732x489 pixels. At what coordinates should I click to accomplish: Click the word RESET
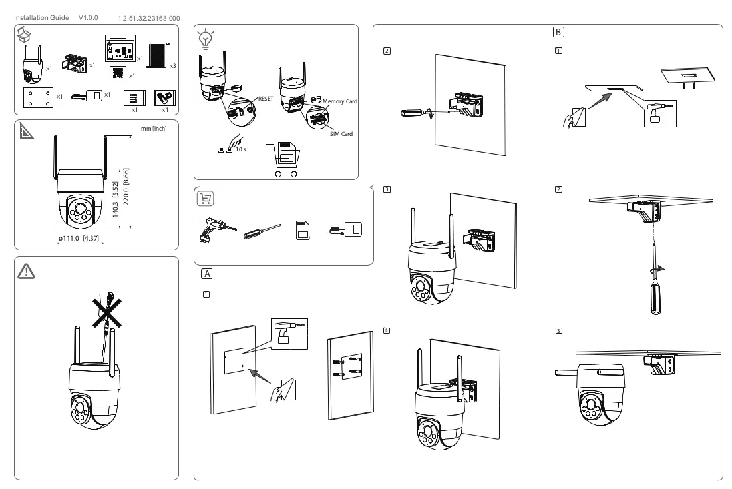[x=265, y=99]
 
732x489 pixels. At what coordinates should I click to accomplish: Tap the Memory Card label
[x=339, y=101]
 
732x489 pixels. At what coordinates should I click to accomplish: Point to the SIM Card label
[x=341, y=134]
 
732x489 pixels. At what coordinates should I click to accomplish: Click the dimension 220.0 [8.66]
[x=126, y=187]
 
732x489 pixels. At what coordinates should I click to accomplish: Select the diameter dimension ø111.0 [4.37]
[x=79, y=238]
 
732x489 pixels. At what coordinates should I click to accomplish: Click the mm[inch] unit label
[x=154, y=128]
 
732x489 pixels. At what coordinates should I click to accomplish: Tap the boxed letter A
[x=207, y=274]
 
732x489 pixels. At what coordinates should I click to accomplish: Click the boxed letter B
[x=558, y=32]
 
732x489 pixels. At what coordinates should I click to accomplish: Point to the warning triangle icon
[x=26, y=271]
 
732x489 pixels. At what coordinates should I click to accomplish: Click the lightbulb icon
[x=206, y=39]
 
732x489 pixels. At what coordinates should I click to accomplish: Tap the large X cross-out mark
[x=107, y=313]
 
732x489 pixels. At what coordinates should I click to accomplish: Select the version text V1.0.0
[x=89, y=18]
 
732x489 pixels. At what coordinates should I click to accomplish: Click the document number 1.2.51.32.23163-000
[x=149, y=18]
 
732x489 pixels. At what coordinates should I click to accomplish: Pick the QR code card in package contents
[x=118, y=73]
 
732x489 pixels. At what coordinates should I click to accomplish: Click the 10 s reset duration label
[x=240, y=149]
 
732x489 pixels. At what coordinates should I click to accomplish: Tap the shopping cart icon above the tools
[x=206, y=199]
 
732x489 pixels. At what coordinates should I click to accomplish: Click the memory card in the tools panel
[x=303, y=230]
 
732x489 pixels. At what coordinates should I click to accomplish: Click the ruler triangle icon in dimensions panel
[x=26, y=131]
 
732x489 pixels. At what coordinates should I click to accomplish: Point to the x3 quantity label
[x=173, y=66]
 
